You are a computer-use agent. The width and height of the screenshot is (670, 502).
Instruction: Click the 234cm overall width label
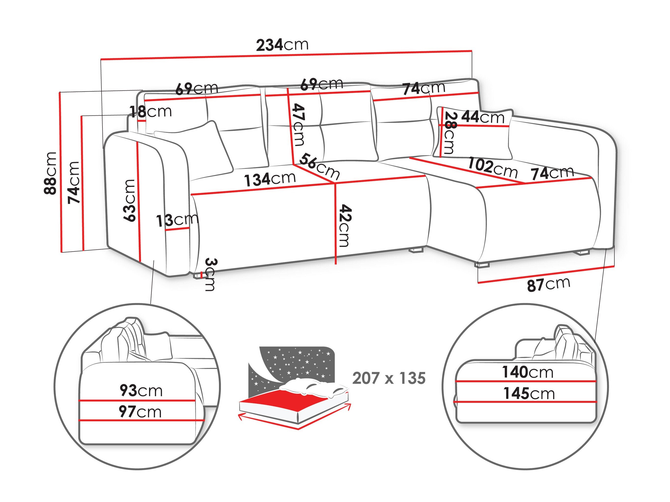coord(282,45)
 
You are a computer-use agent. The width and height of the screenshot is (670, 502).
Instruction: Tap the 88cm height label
coord(50,173)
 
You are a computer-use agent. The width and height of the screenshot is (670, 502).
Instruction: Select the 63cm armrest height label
coord(129,200)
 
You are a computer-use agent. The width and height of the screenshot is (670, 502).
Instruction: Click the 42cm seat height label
coord(345,225)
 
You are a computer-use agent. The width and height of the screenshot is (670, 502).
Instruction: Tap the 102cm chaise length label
coord(493,168)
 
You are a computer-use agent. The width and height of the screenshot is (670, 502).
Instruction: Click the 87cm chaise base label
coord(549,284)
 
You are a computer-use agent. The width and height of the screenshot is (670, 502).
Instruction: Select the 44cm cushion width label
coord(483,117)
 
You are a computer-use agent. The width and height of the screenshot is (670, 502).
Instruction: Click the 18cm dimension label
coord(151,112)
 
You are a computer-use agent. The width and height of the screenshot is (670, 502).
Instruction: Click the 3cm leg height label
coord(211,274)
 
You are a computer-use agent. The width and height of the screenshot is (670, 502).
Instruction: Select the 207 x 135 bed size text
coord(389,378)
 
